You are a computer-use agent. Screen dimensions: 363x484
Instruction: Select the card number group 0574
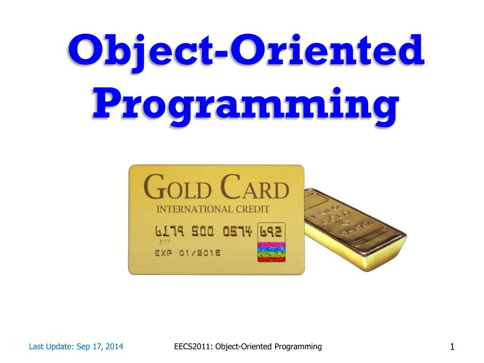[238, 232]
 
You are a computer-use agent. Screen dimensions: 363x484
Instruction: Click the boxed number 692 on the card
[271, 232]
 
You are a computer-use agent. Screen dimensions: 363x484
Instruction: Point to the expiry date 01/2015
[199, 253]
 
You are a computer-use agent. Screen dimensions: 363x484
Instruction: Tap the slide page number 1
[452, 348]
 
